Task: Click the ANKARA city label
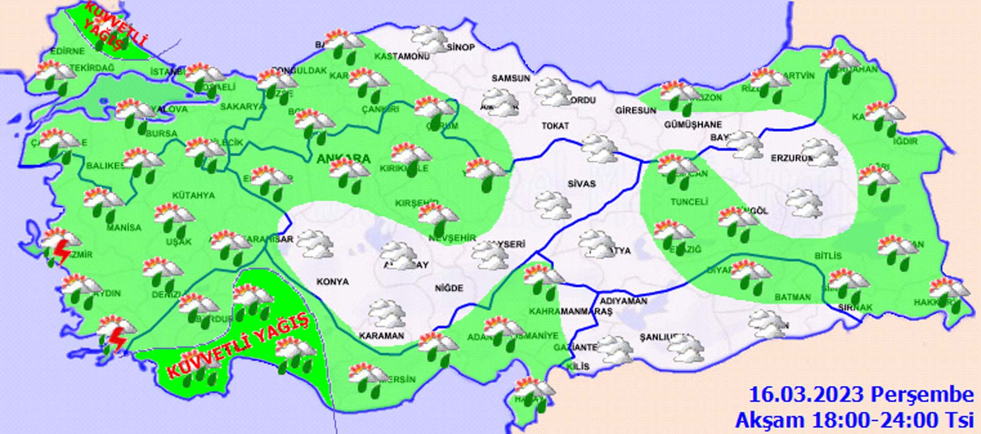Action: coord(343,159)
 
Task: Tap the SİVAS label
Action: coord(581,184)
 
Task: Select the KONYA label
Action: coord(333,282)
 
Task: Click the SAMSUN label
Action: coord(511,78)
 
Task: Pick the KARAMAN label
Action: coord(381,336)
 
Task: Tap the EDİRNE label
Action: coord(67,52)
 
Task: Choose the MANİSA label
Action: coord(124,227)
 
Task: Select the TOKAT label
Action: coord(555,125)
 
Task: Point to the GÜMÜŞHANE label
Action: coord(693,124)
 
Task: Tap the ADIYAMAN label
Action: coord(623,301)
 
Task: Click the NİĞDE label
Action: coord(449,288)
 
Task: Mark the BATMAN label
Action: coord(792,297)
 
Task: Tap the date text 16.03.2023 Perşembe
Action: coord(860,395)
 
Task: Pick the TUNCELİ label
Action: coord(689,202)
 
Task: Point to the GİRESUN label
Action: coord(636,110)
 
